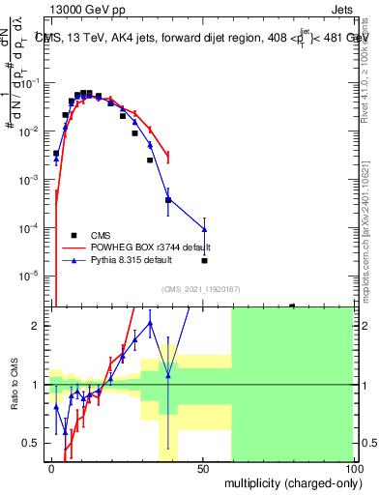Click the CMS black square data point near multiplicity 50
tap(204, 260)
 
